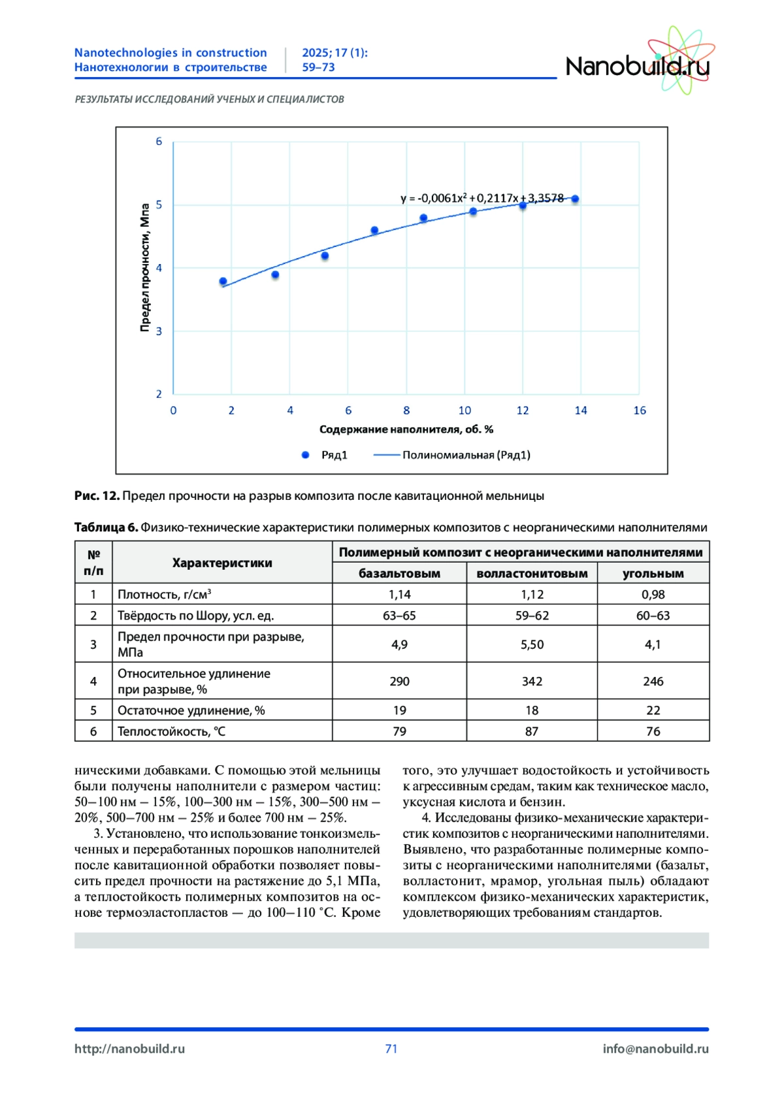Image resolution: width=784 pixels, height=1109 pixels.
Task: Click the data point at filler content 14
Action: tap(575, 199)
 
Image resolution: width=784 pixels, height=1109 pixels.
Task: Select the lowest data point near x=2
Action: tap(223, 282)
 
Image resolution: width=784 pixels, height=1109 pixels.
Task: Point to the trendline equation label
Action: tap(482, 198)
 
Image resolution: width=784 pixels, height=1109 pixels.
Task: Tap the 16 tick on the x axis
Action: tap(639, 410)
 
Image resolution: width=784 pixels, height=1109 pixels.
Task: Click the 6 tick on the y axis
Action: tap(159, 142)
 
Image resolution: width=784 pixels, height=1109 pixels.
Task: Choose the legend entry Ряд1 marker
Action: tap(305, 455)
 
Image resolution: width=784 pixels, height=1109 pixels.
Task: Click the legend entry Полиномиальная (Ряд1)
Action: tap(465, 455)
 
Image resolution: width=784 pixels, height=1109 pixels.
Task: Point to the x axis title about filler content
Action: tap(406, 429)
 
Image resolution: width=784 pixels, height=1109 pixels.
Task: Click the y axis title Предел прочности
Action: tap(145, 267)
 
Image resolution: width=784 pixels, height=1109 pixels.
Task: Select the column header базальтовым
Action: tap(399, 574)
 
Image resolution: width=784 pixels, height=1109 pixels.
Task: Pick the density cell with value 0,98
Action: tap(653, 595)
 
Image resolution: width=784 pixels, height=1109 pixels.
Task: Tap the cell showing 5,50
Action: tap(532, 644)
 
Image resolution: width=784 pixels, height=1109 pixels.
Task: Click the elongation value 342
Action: tap(532, 681)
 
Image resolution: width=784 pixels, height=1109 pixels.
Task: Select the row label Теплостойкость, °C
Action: tap(171, 731)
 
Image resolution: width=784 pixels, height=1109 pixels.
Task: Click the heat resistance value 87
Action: tap(532, 731)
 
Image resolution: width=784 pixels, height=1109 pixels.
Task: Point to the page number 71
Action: tap(391, 1049)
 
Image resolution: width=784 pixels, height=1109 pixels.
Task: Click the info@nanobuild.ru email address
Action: tap(655, 1049)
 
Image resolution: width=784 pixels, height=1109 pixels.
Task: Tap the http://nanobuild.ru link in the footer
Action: tap(129, 1049)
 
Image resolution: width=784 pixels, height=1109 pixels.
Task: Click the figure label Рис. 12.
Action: tap(97, 496)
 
